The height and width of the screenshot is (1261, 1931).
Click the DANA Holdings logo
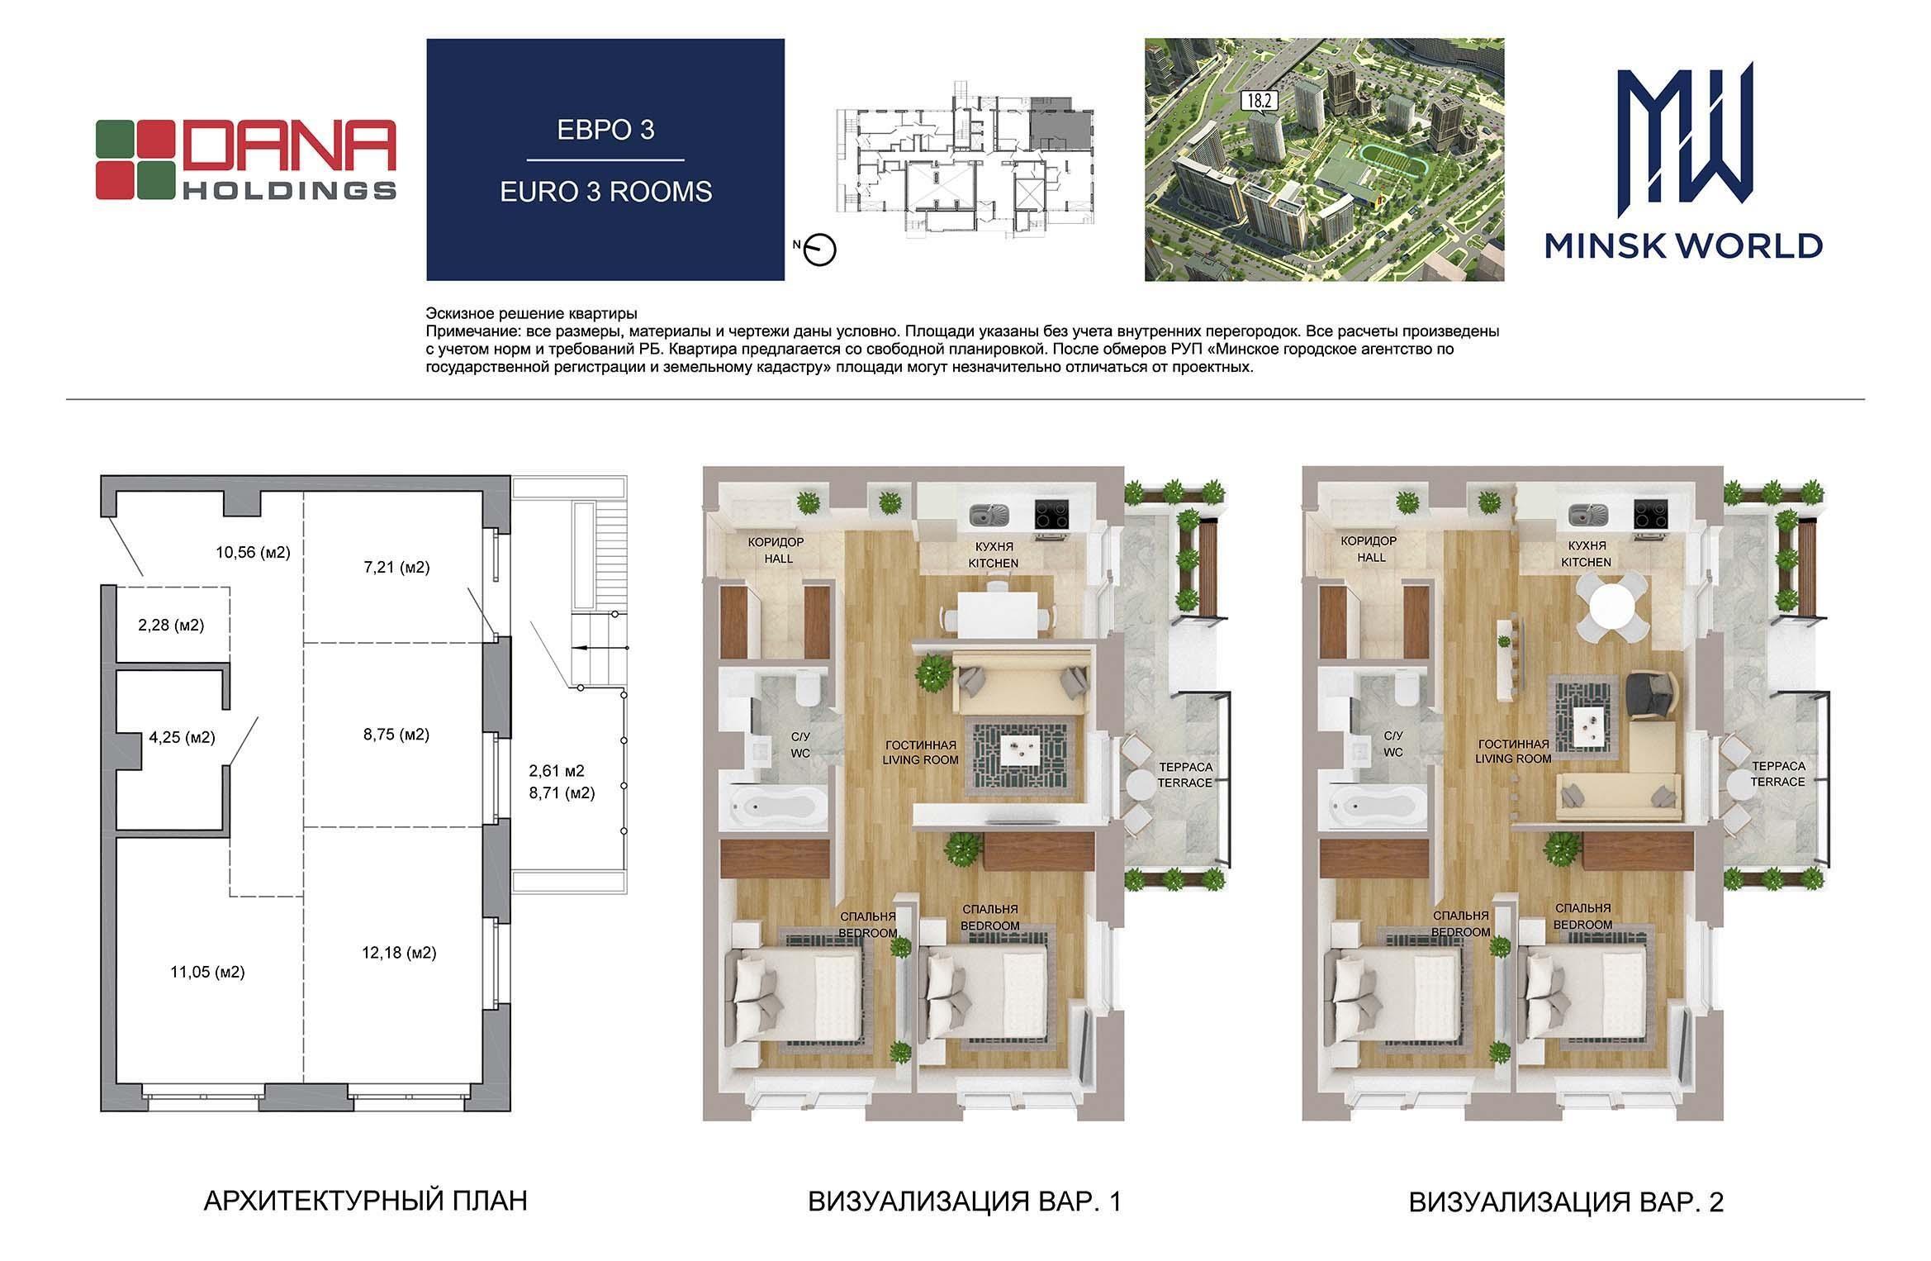[245, 159]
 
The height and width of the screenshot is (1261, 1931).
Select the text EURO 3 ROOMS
[605, 192]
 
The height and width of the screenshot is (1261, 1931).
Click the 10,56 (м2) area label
[253, 552]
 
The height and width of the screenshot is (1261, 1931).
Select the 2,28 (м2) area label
[171, 626]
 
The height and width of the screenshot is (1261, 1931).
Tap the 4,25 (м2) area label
[182, 737]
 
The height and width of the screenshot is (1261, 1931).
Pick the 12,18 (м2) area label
[399, 953]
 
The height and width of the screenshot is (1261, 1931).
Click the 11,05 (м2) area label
[207, 973]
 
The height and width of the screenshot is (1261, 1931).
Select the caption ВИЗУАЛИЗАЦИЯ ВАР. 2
[1566, 1202]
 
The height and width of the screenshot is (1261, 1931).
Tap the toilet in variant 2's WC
[1407, 688]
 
